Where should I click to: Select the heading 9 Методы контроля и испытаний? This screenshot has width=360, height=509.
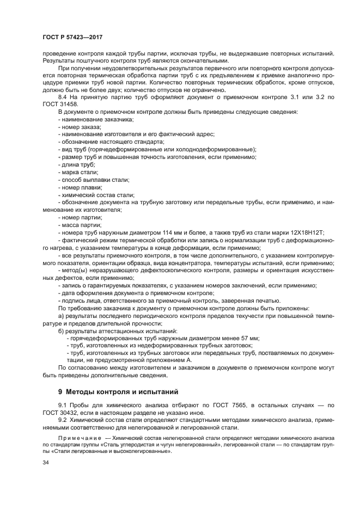coord(117,391)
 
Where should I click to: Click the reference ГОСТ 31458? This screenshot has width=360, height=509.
coord(58,104)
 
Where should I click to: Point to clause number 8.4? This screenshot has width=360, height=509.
coord(63,97)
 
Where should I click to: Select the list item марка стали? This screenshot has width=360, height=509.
coord(80,171)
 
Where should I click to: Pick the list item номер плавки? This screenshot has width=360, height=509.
coord(81,187)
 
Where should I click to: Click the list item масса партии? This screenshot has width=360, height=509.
coord(82,224)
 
